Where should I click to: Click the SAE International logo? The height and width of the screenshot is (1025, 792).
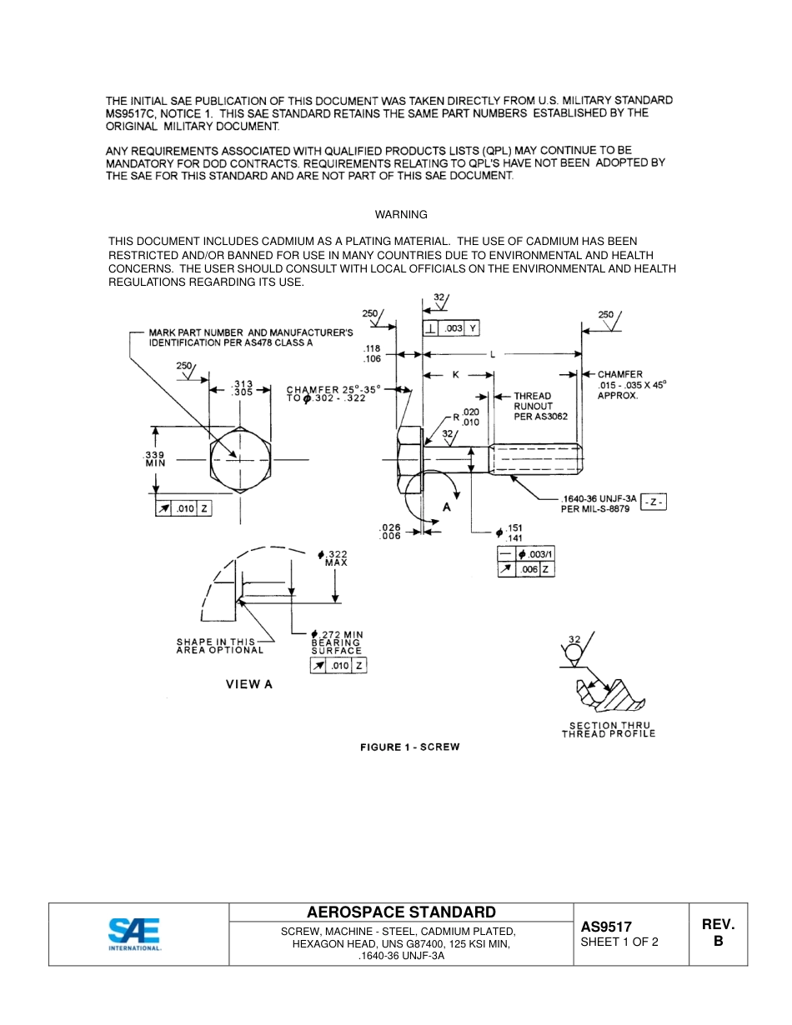pos(133,934)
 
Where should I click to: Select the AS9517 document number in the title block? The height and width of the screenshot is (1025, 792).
pos(606,927)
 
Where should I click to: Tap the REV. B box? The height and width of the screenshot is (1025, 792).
pos(717,932)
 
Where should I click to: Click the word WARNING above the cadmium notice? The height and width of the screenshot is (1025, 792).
pos(401,215)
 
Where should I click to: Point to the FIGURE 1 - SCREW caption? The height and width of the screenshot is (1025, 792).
pos(409,747)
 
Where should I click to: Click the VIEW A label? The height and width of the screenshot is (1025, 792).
pos(249,684)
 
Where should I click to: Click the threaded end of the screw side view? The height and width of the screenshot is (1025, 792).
pos(537,459)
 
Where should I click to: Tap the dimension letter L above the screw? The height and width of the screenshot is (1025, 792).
pos(492,354)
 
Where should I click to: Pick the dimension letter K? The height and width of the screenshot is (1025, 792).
pos(455,375)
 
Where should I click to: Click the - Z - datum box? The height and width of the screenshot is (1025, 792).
pos(653,502)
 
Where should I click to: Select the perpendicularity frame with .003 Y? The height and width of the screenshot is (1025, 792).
pos(451,328)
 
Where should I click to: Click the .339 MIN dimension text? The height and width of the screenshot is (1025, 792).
pos(156,458)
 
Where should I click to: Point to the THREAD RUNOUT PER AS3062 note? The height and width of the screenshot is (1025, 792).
pos(539,406)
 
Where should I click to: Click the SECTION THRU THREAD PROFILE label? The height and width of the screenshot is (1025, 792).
pos(609,730)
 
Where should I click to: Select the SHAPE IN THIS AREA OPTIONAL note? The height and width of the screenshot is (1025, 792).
pos(219,646)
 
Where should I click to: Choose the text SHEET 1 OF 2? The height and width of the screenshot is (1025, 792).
pos(619,942)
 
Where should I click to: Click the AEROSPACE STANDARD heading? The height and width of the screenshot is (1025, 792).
pos(401,912)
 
